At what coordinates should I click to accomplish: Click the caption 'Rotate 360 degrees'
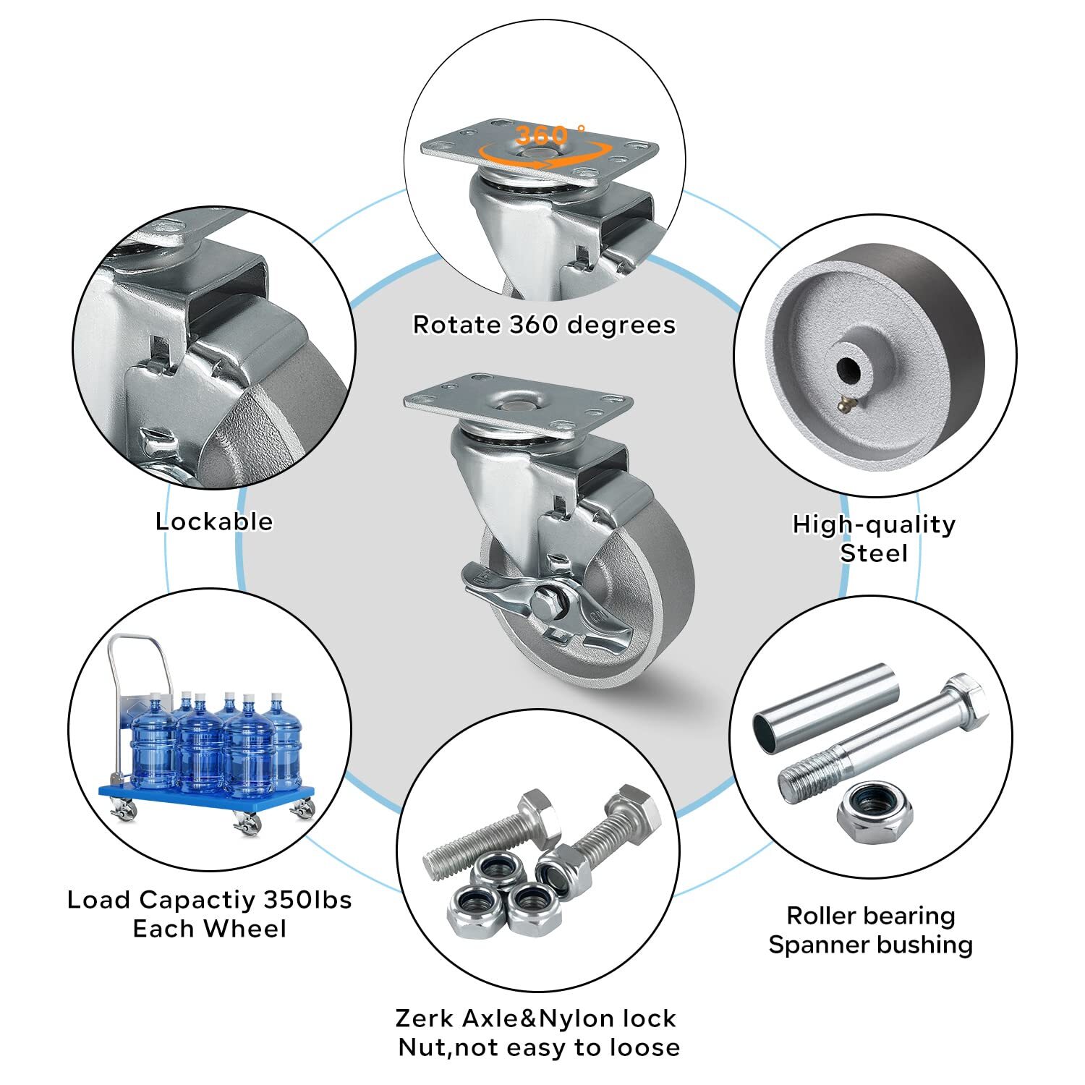tap(544, 325)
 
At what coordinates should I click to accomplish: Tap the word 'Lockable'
tap(214, 522)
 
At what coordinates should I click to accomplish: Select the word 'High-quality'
tap(874, 524)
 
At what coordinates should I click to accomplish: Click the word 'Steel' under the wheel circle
tap(874, 553)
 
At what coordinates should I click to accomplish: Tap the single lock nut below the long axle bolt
tap(875, 812)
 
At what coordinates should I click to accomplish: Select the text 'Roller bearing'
tap(871, 916)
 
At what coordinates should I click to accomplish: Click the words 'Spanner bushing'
tap(871, 945)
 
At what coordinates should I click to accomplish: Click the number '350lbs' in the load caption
tap(307, 900)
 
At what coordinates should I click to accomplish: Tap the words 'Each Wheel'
tap(210, 929)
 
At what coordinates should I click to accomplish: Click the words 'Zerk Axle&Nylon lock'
tap(536, 1018)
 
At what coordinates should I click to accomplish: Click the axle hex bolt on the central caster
tap(544, 603)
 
